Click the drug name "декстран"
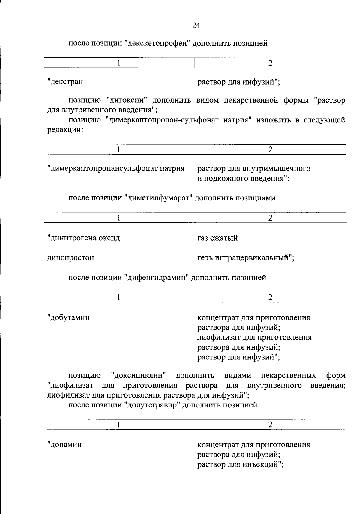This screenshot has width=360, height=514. tap(65, 82)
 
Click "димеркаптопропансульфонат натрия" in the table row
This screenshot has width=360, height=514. tap(116, 168)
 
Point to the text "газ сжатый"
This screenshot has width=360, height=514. tap(217, 238)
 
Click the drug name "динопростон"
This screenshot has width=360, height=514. tap(71, 257)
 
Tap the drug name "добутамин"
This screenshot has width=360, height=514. tap(69, 317)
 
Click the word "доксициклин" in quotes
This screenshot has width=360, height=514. tap(139, 375)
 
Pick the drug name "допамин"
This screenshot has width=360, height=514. tap(65, 444)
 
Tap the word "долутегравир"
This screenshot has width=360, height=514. tap(152, 405)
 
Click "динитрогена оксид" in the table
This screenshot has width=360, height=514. tap(84, 238)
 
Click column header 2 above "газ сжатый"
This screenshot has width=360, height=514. tap(270, 218)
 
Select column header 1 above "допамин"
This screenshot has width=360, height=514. tap(119, 425)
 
